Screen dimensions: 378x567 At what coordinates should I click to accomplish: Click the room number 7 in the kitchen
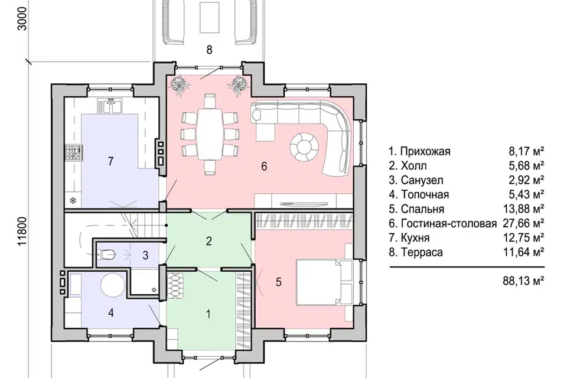[110, 162]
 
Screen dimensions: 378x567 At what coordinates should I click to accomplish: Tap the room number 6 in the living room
[264, 167]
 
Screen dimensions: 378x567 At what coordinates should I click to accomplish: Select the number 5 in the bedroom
[278, 282]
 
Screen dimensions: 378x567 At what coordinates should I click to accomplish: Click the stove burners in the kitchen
[74, 154]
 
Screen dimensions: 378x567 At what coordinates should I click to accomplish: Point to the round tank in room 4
[112, 286]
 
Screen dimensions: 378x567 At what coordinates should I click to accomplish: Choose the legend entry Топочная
[424, 194]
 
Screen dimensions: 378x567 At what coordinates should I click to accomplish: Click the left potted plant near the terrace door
[178, 84]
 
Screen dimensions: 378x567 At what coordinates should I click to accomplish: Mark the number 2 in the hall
[208, 241]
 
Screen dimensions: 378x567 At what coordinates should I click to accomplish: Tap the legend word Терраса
[422, 252]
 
